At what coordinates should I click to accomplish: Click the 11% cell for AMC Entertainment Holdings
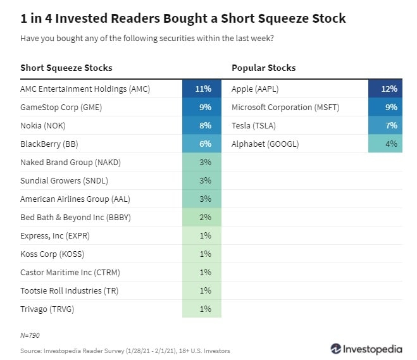pyautogui.click(x=202, y=89)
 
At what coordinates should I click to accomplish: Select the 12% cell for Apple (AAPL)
pyautogui.click(x=385, y=89)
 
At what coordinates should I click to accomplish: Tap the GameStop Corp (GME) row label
pyautogui.click(x=61, y=108)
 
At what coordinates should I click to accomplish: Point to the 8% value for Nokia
pyautogui.click(x=202, y=126)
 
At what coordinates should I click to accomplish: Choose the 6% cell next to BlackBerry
pyautogui.click(x=202, y=144)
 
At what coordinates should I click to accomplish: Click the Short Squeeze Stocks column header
pyautogui.click(x=66, y=68)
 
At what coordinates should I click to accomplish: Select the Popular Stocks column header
pyautogui.click(x=263, y=68)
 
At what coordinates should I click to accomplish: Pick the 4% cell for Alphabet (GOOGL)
pyautogui.click(x=385, y=144)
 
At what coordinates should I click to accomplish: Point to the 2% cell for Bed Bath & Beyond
pyautogui.click(x=202, y=218)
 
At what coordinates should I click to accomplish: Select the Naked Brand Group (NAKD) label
pyautogui.click(x=70, y=163)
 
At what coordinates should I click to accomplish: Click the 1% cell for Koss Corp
pyautogui.click(x=202, y=254)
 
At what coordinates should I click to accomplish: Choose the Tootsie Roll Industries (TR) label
pyautogui.click(x=70, y=290)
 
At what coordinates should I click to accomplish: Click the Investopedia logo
pyautogui.click(x=366, y=349)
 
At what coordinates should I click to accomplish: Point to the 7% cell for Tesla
pyautogui.click(x=385, y=126)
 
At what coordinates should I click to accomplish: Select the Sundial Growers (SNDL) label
pyautogui.click(x=65, y=181)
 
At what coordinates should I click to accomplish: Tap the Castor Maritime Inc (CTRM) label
pyautogui.click(x=70, y=272)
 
